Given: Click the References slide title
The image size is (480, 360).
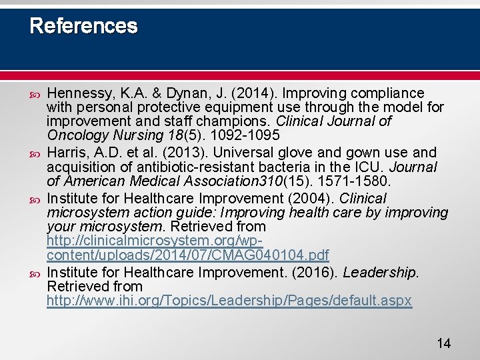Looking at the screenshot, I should [83, 26].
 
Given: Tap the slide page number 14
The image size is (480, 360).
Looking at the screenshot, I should [443, 343].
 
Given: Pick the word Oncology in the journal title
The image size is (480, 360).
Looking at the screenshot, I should [71, 135].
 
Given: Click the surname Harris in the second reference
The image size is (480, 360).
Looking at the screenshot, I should [65, 153].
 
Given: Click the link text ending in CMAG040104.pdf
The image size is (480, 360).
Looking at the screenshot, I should [187, 255].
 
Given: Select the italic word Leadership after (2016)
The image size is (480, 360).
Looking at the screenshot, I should [381, 273].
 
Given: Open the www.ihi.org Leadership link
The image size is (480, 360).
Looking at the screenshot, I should [229, 301].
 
